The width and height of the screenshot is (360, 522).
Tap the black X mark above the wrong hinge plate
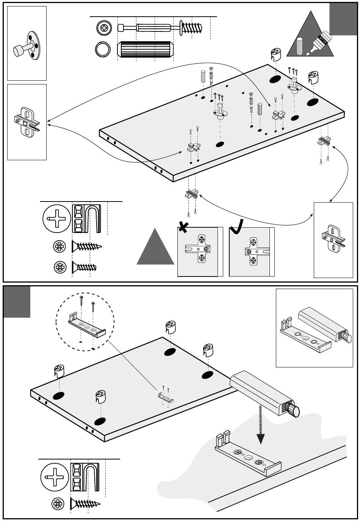coord(184,227)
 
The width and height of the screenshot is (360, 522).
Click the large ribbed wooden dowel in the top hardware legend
coord(145,50)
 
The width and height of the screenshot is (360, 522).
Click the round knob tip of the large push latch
coord(294,410)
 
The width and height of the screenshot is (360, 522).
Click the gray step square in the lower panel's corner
coord(17,302)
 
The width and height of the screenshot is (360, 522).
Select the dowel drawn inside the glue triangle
coord(301,46)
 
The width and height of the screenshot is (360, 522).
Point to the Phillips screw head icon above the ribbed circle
coord(104,28)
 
